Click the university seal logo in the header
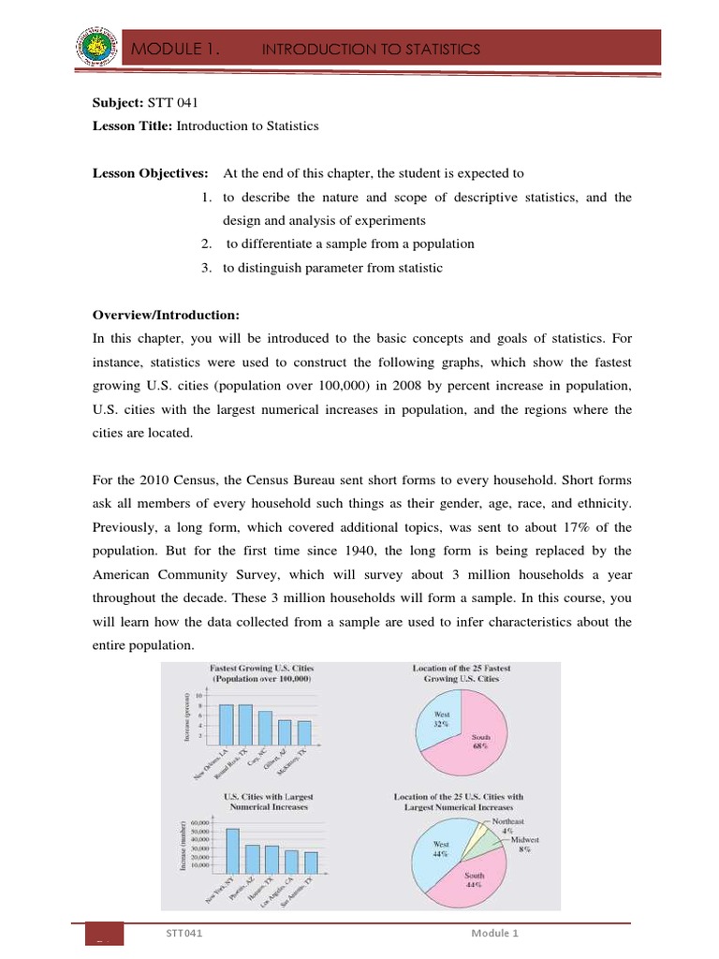coord(95,47)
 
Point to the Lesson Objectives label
coord(149,173)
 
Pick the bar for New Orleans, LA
coord(226,720)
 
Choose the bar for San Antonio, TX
coord(311,861)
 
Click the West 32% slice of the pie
coord(439,721)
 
